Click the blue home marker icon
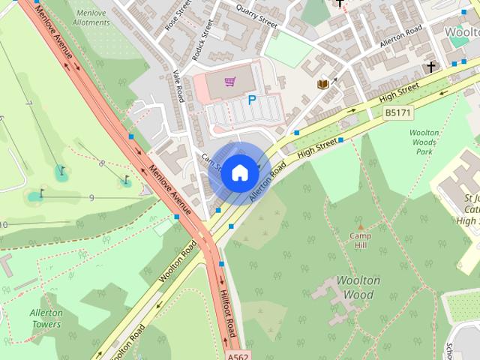(239, 172)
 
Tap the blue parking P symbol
(252, 99)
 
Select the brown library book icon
(323, 85)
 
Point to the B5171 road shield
(397, 112)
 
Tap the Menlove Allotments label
(91, 17)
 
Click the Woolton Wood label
(358, 287)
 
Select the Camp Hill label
(360, 241)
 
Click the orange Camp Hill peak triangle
(360, 226)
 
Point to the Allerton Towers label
(46, 318)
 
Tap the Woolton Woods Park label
(424, 142)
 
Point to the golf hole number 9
(91, 197)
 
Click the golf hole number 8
(102, 163)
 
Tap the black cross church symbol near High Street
(430, 67)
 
